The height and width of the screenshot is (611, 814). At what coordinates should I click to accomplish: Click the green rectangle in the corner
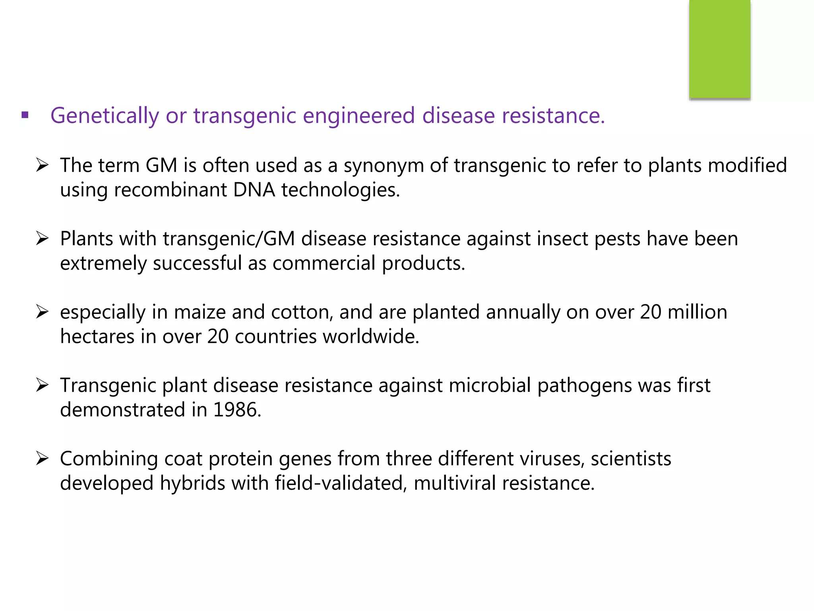point(719,49)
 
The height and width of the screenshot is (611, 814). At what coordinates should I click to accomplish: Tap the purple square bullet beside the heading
point(25,116)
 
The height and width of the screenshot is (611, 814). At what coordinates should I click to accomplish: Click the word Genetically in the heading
point(105,116)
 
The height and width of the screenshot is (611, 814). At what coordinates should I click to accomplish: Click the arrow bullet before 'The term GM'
point(42,165)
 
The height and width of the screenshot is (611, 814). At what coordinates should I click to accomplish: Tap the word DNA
point(254,190)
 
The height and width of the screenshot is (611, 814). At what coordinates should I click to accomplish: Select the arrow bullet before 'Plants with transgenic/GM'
point(42,239)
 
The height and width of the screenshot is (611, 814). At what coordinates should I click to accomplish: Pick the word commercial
point(324,263)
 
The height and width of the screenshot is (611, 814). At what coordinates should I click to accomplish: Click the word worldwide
point(370,337)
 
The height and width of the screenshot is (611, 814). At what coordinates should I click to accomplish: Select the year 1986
point(237,410)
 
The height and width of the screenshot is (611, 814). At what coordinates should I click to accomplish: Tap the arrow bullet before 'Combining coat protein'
point(42,459)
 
